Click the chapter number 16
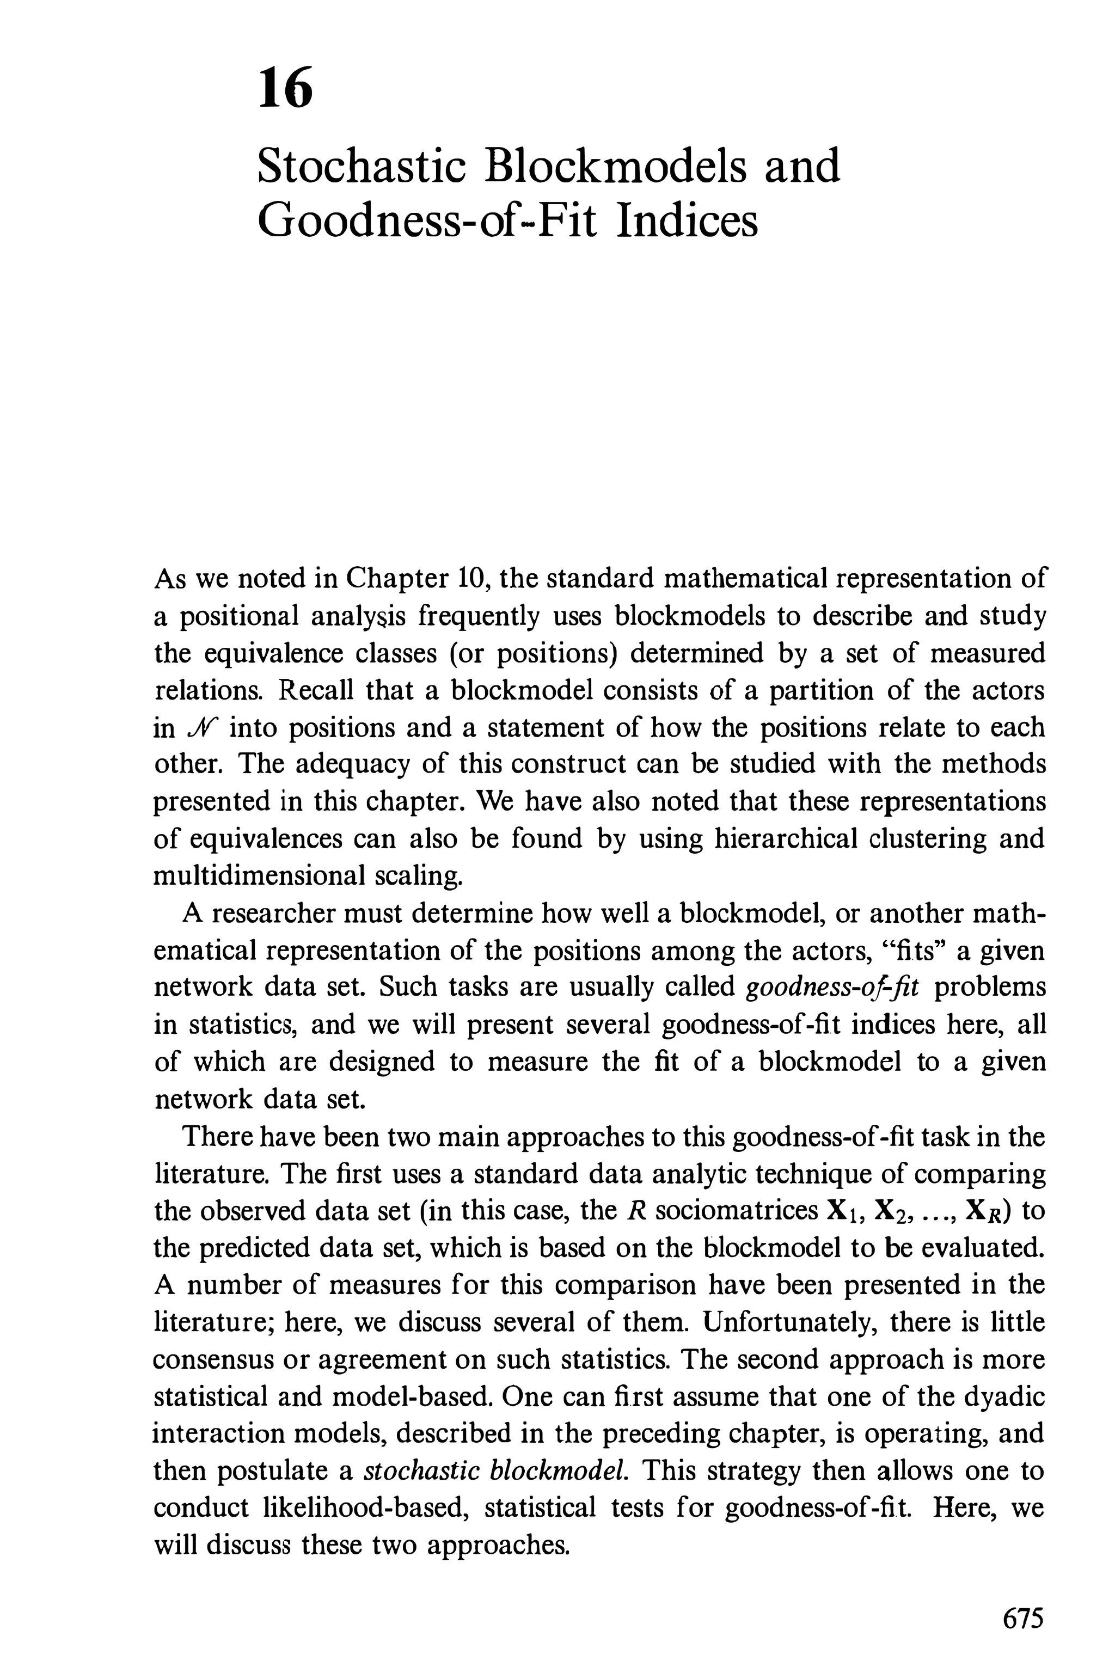tap(286, 89)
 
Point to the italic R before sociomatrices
tap(637, 1210)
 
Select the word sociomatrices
tap(736, 1210)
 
